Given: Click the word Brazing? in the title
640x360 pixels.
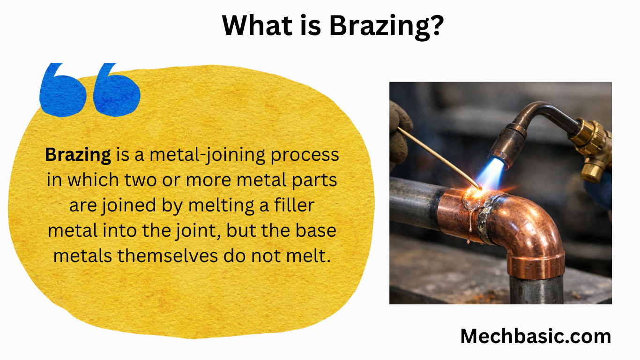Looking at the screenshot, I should pos(386,25).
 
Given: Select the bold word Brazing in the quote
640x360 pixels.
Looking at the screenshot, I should pos(78,155).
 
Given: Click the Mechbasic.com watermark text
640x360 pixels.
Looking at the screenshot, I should pos(536,336).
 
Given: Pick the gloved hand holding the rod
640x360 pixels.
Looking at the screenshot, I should pos(399,131).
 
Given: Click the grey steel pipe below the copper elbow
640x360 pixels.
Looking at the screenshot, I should pos(536,291).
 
